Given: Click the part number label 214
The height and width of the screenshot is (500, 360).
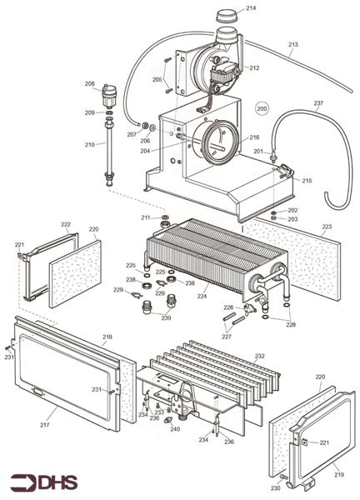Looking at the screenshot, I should point(251,8).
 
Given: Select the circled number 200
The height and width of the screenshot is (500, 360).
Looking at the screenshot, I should point(262,108).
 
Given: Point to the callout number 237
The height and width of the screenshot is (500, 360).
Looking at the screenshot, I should point(317,103).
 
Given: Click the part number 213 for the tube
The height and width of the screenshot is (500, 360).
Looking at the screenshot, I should point(292,44).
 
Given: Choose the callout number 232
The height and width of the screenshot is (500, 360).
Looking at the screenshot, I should point(259,356).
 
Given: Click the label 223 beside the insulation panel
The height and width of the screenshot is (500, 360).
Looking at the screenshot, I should point(327,227).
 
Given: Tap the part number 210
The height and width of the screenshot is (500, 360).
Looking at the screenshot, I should point(90,145).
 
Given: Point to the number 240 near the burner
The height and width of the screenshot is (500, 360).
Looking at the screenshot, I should point(175,429).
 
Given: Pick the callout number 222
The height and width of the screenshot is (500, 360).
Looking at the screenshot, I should point(66,224).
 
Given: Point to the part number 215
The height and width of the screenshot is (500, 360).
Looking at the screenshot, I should point(307,181).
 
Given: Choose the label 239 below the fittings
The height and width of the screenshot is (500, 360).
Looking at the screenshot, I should point(166,317).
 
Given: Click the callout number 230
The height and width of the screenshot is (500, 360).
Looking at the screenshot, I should point(274,487).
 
